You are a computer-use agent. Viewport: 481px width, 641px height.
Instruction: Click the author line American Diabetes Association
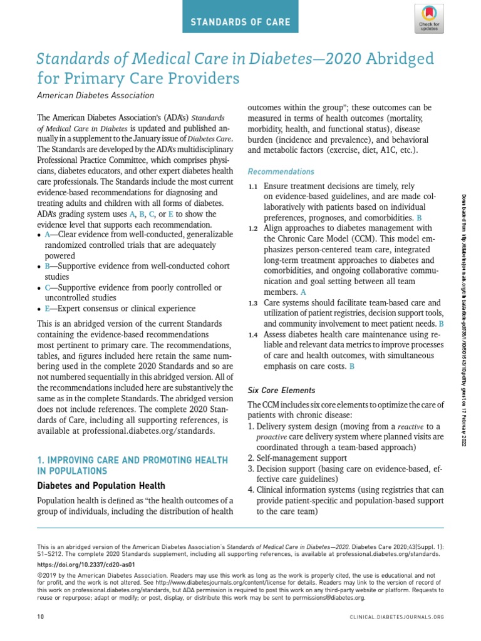[x=95, y=95]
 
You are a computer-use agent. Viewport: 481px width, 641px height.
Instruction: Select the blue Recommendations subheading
[x=281, y=172]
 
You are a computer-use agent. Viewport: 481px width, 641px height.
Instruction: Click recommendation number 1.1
[x=253, y=187]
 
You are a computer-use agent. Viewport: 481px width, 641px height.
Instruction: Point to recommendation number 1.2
[x=253, y=228]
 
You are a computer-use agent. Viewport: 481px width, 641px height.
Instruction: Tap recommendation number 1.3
[x=253, y=304]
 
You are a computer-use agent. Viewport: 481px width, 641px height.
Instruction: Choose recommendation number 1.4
[x=253, y=335]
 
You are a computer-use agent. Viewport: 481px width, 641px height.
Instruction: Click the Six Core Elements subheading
[x=281, y=390]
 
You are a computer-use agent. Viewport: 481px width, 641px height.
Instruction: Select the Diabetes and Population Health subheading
[x=101, y=485]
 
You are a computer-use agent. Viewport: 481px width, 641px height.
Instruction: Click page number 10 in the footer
[x=41, y=617]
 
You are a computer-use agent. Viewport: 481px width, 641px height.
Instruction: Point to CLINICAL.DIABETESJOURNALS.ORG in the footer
[x=396, y=617]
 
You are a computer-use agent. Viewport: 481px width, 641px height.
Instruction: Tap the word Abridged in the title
[x=400, y=59]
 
